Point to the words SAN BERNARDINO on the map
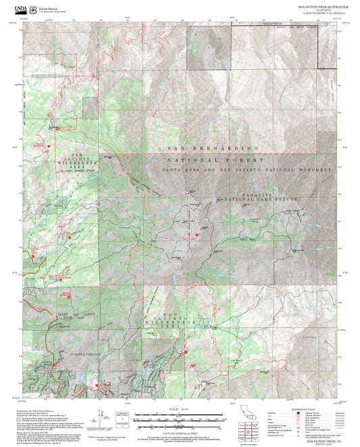coord(212,147)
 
